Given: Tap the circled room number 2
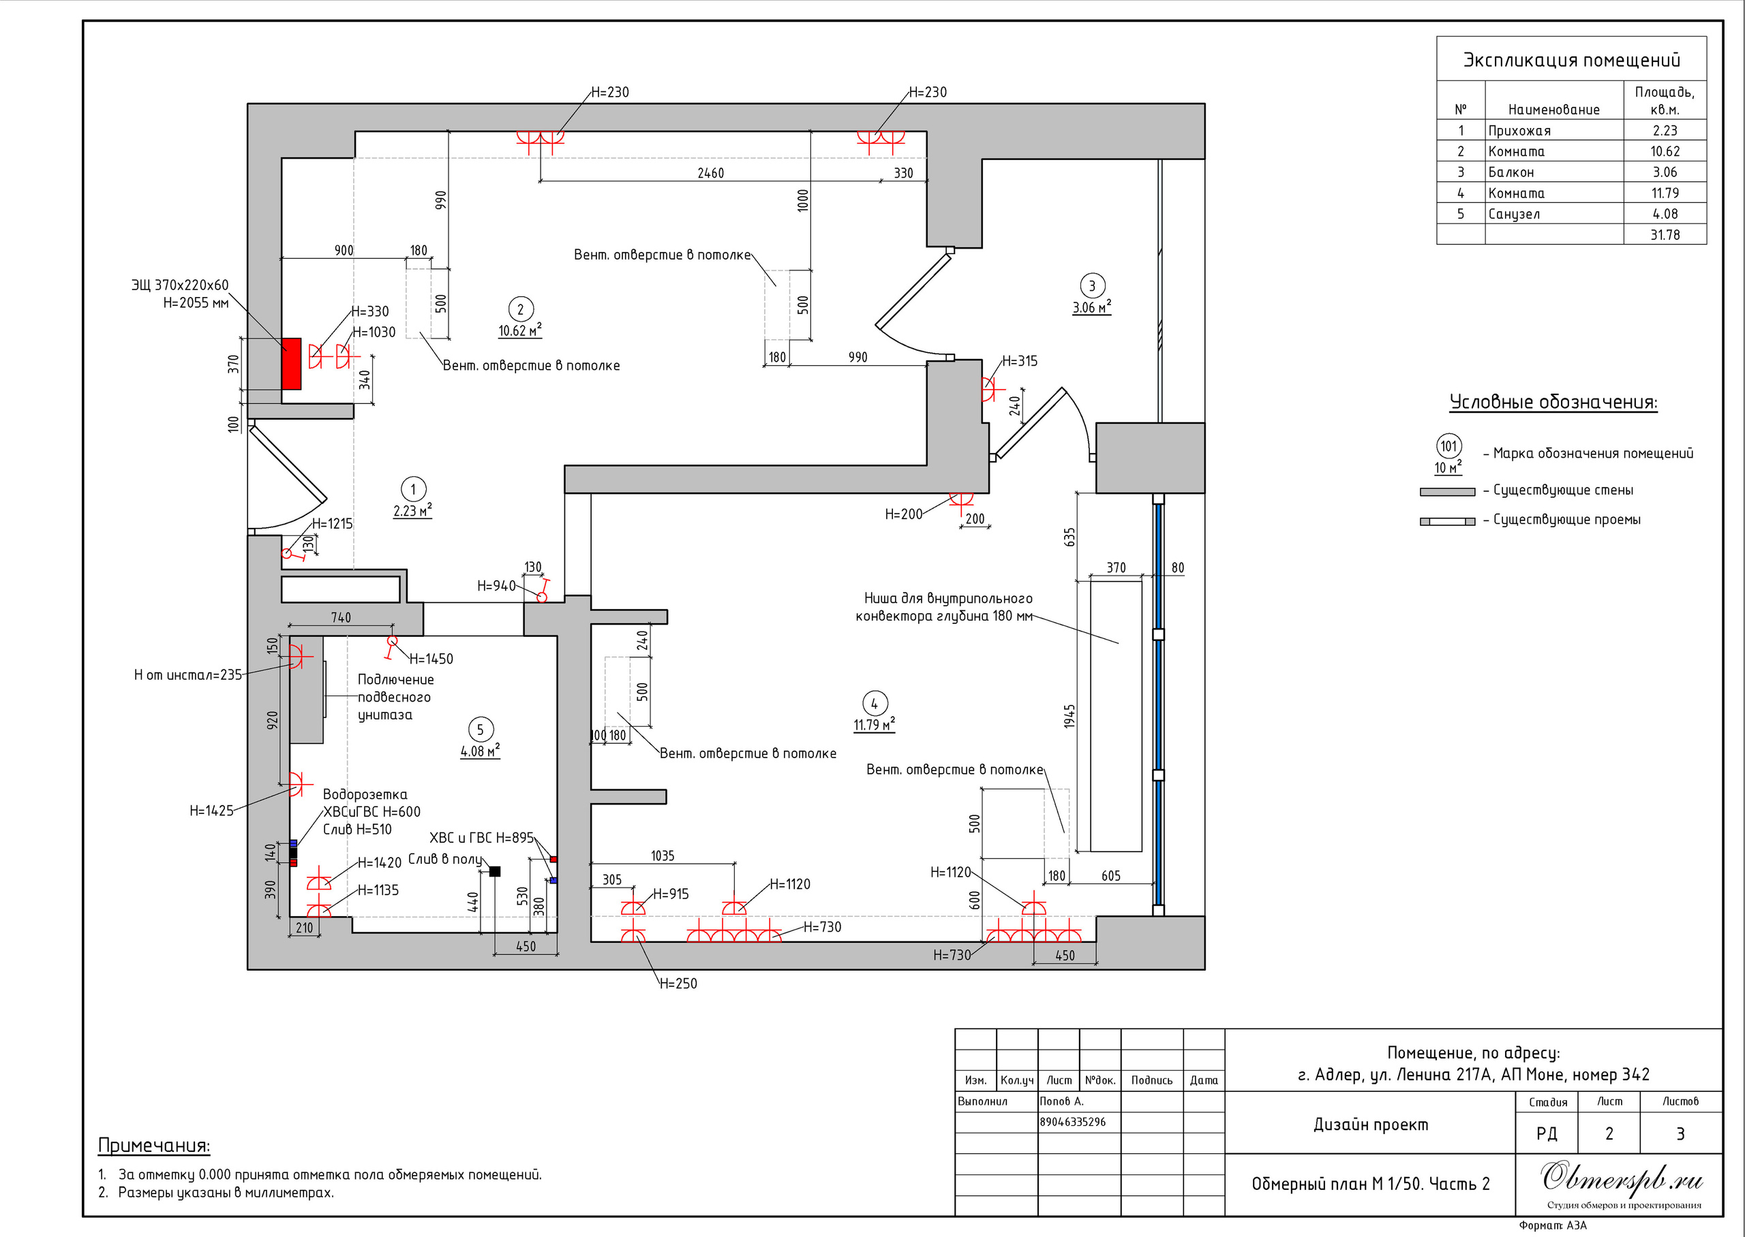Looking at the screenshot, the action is pos(521,309).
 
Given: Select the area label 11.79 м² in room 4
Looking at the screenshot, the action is pos(874,724).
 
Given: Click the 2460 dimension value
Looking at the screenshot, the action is pos(710,174).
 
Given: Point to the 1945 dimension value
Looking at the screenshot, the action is pos(1070,716).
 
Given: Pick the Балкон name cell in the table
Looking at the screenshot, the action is pos(1511,172).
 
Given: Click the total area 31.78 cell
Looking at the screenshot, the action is pos(1665,234).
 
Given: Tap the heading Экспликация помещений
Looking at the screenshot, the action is pos(1571,60).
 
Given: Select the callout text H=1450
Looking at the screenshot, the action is pos(431,659).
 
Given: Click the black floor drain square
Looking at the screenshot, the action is pos(495,871).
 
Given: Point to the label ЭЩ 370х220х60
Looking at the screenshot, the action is pos(180,285).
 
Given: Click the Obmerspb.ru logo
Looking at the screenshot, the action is pos(1622,1178).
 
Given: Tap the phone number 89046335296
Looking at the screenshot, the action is pos(1072,1122).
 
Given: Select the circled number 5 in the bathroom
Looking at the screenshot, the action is pos(480,730).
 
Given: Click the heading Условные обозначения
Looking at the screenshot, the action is pos(1553,402).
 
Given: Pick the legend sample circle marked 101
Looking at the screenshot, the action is pos(1448,445).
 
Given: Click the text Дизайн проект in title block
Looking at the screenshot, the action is pos(1370,1125).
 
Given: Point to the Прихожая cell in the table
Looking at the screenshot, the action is pos(1519,131).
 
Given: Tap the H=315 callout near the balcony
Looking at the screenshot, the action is pos(1020,361).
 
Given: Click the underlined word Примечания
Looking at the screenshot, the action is pos(154,1146).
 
